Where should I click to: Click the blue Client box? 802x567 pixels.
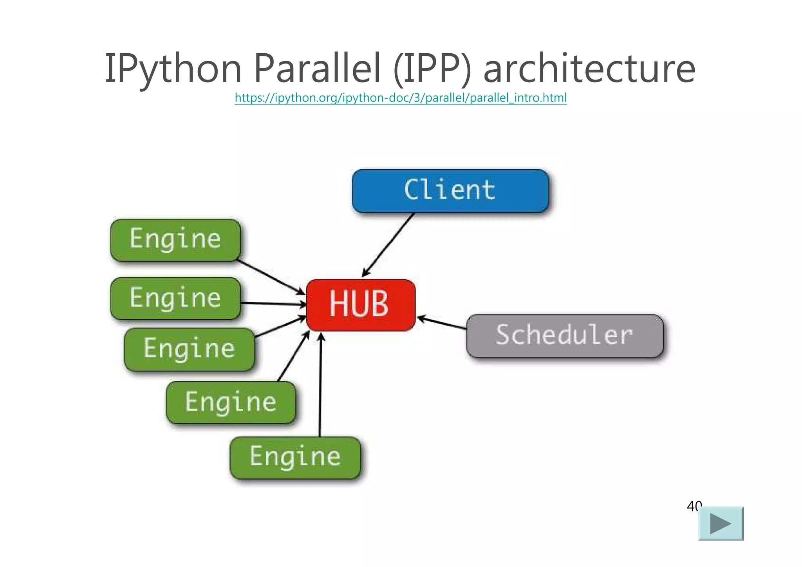pos(450,191)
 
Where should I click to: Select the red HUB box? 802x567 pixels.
pos(360,304)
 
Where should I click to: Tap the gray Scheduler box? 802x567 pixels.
pos(565,336)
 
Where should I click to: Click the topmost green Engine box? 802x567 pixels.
pos(175,240)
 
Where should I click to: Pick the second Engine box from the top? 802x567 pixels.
pos(175,298)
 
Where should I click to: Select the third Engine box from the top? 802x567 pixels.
pos(189,349)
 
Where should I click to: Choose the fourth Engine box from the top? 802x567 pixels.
pos(231,402)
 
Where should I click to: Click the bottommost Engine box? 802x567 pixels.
pos(295,457)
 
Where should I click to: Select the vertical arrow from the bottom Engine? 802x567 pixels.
pos(320,386)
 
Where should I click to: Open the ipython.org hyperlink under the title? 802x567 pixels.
pos(401,98)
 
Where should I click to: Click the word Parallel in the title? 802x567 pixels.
pos(317,69)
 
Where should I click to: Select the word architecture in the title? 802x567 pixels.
pos(589,69)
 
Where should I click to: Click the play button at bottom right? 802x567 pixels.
pos(721,524)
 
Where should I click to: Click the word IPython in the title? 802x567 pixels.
pos(173,69)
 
